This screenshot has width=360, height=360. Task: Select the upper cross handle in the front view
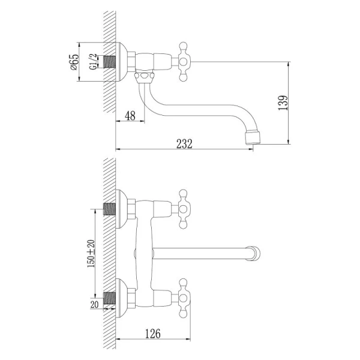[183, 209]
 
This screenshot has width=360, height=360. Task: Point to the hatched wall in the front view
[109, 252]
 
